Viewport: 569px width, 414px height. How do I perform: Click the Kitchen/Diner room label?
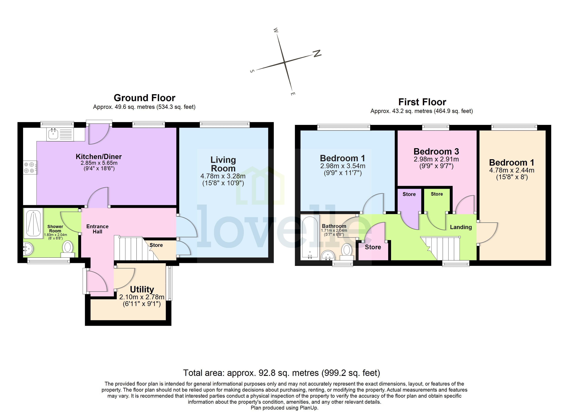[x=99, y=157]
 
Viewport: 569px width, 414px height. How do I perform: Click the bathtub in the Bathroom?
[x=310, y=237]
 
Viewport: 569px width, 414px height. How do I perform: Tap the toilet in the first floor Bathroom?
[x=347, y=251]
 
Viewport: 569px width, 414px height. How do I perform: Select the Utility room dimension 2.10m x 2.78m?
[x=142, y=297]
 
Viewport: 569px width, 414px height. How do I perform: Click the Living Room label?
[x=223, y=164]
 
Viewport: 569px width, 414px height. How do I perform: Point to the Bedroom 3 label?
[x=436, y=152]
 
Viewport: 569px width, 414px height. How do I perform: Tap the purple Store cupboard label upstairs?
[x=409, y=194]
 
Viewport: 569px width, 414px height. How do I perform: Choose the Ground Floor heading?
[x=144, y=98]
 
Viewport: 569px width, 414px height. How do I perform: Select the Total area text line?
[x=282, y=373]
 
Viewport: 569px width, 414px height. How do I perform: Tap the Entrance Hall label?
[x=97, y=229]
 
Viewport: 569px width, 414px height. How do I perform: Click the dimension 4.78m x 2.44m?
[x=512, y=170]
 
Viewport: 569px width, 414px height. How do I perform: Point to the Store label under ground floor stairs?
[x=156, y=245]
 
